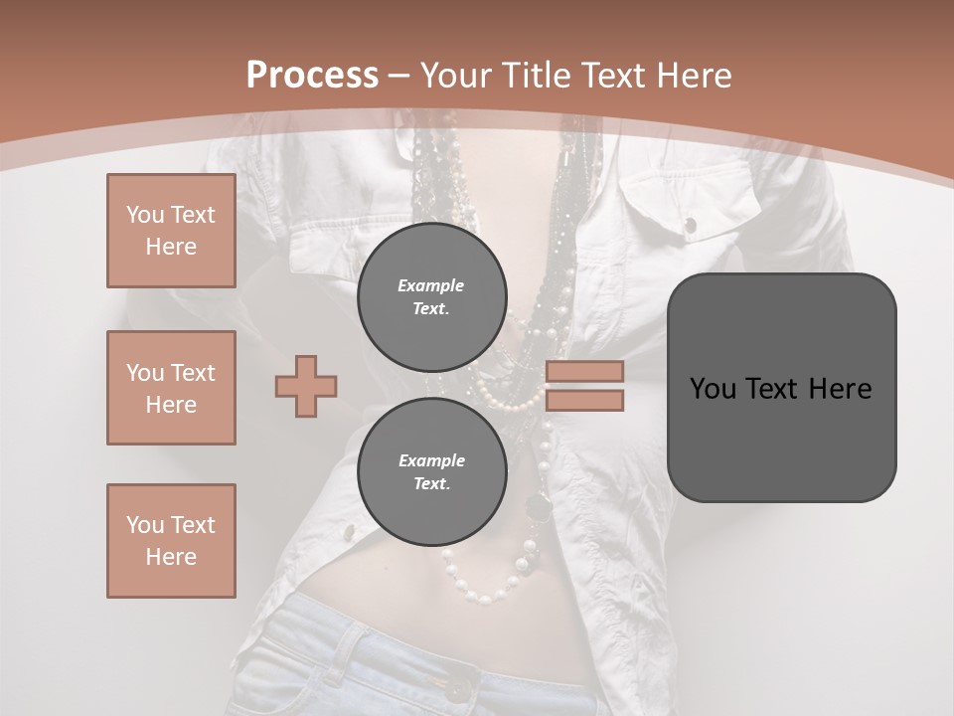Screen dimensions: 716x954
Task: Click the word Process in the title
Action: [312, 75]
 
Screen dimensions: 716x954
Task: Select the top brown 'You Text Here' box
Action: [171, 231]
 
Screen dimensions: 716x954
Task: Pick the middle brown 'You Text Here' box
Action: [171, 388]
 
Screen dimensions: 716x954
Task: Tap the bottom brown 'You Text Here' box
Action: [171, 541]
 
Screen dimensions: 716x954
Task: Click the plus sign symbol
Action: [306, 386]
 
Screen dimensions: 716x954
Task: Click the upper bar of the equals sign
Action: [584, 371]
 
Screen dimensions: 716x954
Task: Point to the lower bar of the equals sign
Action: [584, 400]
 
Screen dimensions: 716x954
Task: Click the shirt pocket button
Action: [690, 226]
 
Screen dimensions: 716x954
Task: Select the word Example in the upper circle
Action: [431, 285]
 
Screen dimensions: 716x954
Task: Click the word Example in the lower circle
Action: [431, 460]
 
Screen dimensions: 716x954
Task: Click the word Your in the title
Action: [455, 75]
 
